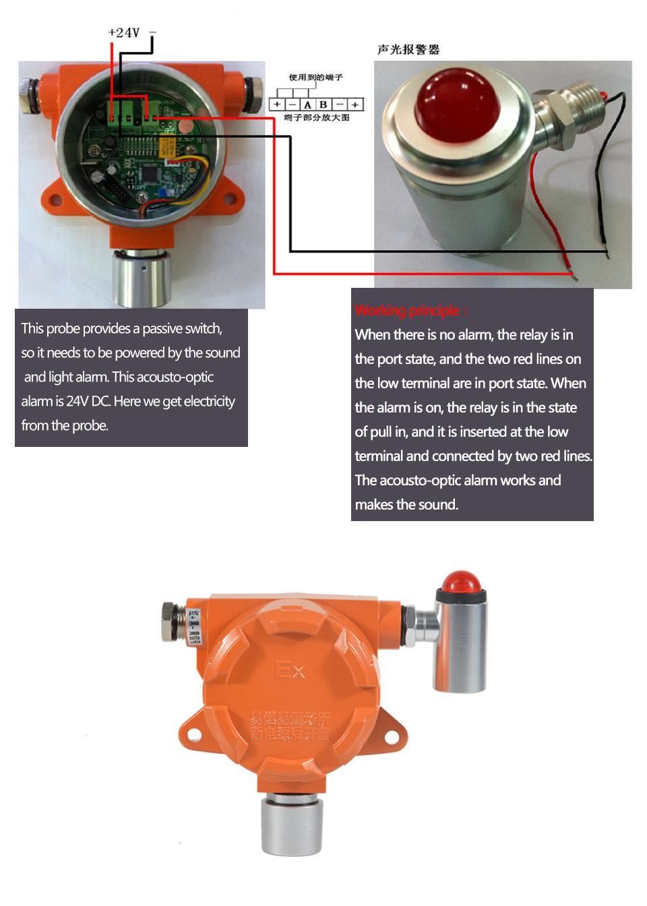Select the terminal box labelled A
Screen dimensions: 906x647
coord(307,104)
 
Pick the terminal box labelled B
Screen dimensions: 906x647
coord(323,104)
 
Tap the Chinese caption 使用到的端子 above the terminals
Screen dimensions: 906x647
coord(315,78)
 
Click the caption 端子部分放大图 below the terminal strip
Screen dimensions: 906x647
coord(316,118)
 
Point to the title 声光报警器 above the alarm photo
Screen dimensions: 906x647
coord(408,49)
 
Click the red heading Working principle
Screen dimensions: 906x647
coord(410,310)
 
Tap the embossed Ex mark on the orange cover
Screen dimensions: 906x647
coord(290,670)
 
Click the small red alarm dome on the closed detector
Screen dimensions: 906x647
coord(462,581)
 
